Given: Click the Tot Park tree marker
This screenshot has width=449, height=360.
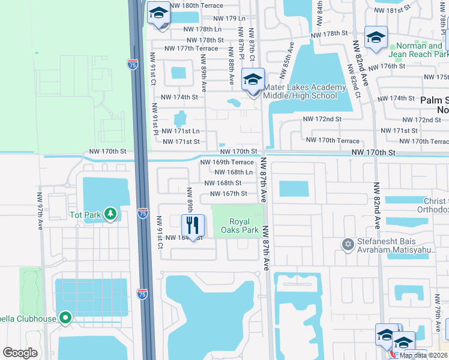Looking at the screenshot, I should [110, 214].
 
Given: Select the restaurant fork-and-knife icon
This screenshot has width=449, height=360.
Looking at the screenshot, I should [193, 226].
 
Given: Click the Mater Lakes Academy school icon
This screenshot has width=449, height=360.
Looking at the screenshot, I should [253, 80].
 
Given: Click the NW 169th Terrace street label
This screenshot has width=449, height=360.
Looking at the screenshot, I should [226, 162].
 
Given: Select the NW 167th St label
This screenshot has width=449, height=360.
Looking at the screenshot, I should [228, 193].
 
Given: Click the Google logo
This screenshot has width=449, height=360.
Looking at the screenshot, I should [20, 353].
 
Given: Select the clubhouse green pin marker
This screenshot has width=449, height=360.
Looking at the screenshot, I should [65, 319].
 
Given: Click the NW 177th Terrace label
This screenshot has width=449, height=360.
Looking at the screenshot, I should [190, 48].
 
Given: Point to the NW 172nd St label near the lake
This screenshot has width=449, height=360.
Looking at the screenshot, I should [322, 119].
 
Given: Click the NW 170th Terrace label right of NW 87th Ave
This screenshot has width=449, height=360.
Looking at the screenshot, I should [333, 140].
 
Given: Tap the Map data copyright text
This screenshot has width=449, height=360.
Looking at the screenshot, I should [423, 355].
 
